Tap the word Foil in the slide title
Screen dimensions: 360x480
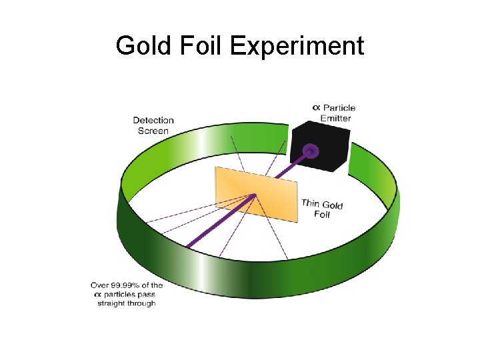pyautogui.click(x=202, y=46)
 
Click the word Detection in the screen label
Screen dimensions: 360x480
pyautogui.click(x=153, y=121)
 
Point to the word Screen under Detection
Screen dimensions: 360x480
pyautogui.click(x=153, y=131)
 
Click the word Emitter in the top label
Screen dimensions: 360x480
pyautogui.click(x=335, y=118)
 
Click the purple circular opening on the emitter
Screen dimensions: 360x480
pyautogui.click(x=310, y=151)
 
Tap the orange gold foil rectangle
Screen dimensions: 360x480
pyautogui.click(x=256, y=193)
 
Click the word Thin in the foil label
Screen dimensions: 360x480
pyautogui.click(x=311, y=203)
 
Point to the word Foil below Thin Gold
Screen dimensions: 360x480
pyautogui.click(x=322, y=215)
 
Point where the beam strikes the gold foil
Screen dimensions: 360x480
pyautogui.click(x=255, y=195)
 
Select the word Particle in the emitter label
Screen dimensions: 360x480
pyautogui.click(x=339, y=108)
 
